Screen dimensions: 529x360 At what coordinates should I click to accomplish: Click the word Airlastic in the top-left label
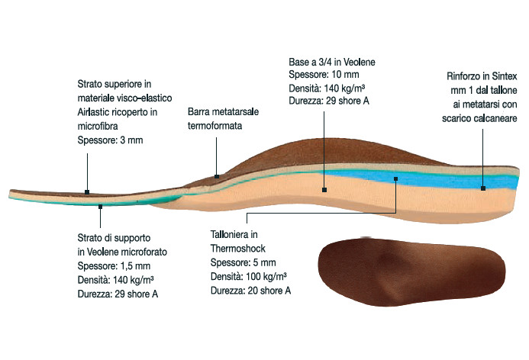(x=94, y=112)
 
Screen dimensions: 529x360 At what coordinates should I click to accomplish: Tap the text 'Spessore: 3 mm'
(x=111, y=140)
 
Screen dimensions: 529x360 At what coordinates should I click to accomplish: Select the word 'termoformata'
(x=215, y=126)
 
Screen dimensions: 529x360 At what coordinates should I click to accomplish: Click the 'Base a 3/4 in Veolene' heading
(x=332, y=62)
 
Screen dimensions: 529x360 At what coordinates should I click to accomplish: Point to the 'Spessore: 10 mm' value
(x=324, y=75)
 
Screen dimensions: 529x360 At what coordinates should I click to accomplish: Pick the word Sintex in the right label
(x=505, y=76)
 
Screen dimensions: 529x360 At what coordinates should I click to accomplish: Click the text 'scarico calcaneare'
(x=479, y=118)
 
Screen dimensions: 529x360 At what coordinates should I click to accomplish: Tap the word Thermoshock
(x=238, y=249)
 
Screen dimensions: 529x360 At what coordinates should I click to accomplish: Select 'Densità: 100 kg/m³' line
(x=249, y=276)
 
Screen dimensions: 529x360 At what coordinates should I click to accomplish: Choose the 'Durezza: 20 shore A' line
(x=250, y=291)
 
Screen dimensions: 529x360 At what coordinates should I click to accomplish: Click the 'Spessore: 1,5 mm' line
(x=114, y=266)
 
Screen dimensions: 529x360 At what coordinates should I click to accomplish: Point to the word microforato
(x=144, y=252)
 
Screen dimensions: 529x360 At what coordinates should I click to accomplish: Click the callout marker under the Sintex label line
(x=483, y=188)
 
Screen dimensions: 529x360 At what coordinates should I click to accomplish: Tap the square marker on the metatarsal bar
(x=217, y=176)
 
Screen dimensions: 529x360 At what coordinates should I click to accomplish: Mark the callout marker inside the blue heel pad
(x=395, y=179)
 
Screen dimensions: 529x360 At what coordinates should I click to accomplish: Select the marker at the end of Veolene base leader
(x=324, y=190)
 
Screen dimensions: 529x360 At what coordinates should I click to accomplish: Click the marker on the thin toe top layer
(x=87, y=192)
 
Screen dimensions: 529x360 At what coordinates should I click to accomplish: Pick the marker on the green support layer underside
(x=100, y=207)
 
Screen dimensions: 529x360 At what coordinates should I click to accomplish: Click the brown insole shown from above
(x=412, y=272)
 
